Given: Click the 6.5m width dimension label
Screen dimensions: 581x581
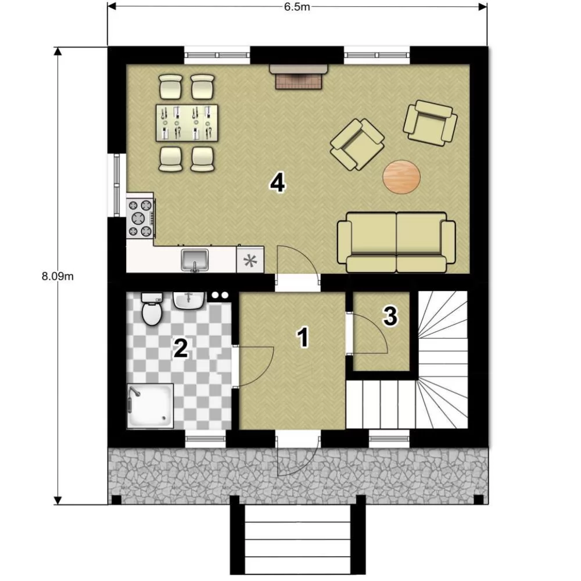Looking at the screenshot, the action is coord(297,7).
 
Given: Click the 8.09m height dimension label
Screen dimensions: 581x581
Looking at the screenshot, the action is coord(58,277).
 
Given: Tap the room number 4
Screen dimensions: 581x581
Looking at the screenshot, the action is coord(278,183).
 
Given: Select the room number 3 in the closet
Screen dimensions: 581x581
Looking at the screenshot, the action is coord(390,316).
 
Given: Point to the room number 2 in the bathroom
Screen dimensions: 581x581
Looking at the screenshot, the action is coord(181,348).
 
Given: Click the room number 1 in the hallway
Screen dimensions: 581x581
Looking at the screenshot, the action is coord(303,337).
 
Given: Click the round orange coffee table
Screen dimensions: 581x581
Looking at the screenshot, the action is coord(401,177).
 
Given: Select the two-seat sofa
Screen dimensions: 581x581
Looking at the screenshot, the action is coord(396,242).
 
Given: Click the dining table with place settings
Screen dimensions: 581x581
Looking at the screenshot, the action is coord(187,123).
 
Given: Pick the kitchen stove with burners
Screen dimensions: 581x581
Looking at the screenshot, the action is coord(140,218).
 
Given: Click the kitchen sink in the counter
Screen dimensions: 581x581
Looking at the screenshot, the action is coord(195,260).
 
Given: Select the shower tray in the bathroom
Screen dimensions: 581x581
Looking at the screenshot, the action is coord(150,406).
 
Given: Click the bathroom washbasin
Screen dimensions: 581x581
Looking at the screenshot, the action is coord(189,300).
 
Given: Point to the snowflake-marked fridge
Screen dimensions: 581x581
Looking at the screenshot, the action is coord(250,260).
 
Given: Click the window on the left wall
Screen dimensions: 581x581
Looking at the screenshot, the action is coord(117,185).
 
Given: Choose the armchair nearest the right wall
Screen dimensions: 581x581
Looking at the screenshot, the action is coord(430,123).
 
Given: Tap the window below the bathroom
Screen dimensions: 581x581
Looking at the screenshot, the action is coord(205,439).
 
